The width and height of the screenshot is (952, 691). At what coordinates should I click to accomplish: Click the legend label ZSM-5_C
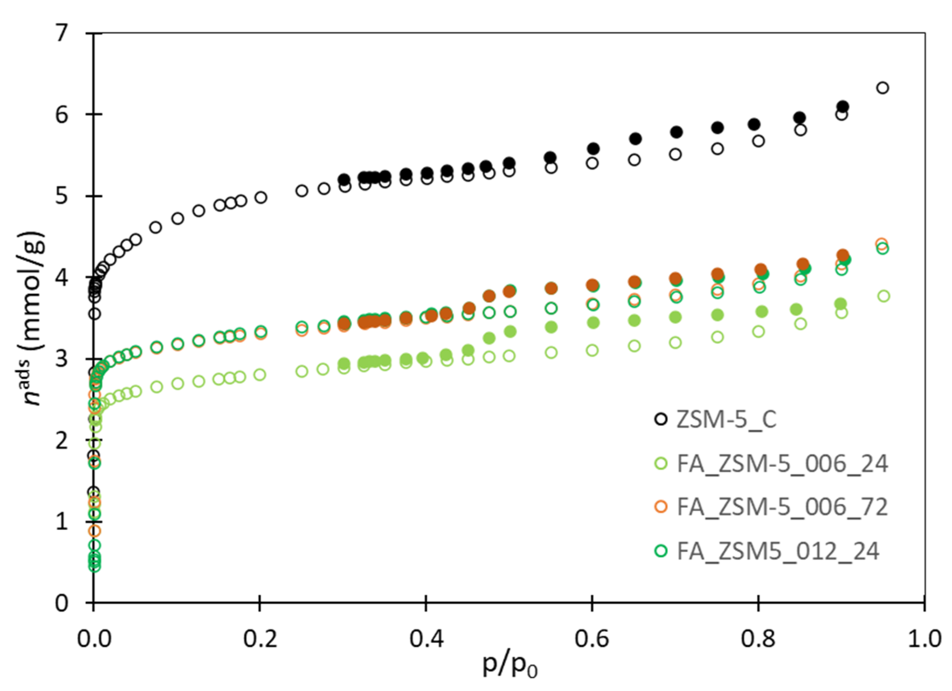point(727,419)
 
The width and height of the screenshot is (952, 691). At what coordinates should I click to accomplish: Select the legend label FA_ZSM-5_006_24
point(783,464)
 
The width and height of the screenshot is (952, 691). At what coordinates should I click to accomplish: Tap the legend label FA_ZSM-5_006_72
point(783,507)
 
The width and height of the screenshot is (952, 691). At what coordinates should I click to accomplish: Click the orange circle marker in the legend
point(661,507)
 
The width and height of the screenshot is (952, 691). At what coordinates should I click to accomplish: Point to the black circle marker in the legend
point(661,419)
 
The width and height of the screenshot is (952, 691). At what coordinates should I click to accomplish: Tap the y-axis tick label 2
point(62,441)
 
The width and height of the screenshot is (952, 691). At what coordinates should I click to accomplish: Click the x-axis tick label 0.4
point(426,639)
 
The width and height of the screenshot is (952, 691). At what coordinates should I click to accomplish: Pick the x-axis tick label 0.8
point(758,639)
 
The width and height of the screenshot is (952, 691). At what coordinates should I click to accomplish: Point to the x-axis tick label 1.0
point(924,639)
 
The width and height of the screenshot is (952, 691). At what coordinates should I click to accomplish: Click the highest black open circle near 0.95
point(883,88)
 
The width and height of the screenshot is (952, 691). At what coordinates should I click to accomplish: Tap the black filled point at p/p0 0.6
point(593,149)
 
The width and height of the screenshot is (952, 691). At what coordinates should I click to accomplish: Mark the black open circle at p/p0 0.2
point(261,198)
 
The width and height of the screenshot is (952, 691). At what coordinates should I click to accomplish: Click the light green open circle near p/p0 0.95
point(884,296)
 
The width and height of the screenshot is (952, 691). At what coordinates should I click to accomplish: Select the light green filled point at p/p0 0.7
point(675,317)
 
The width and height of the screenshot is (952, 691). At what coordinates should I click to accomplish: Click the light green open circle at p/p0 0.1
point(178,384)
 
